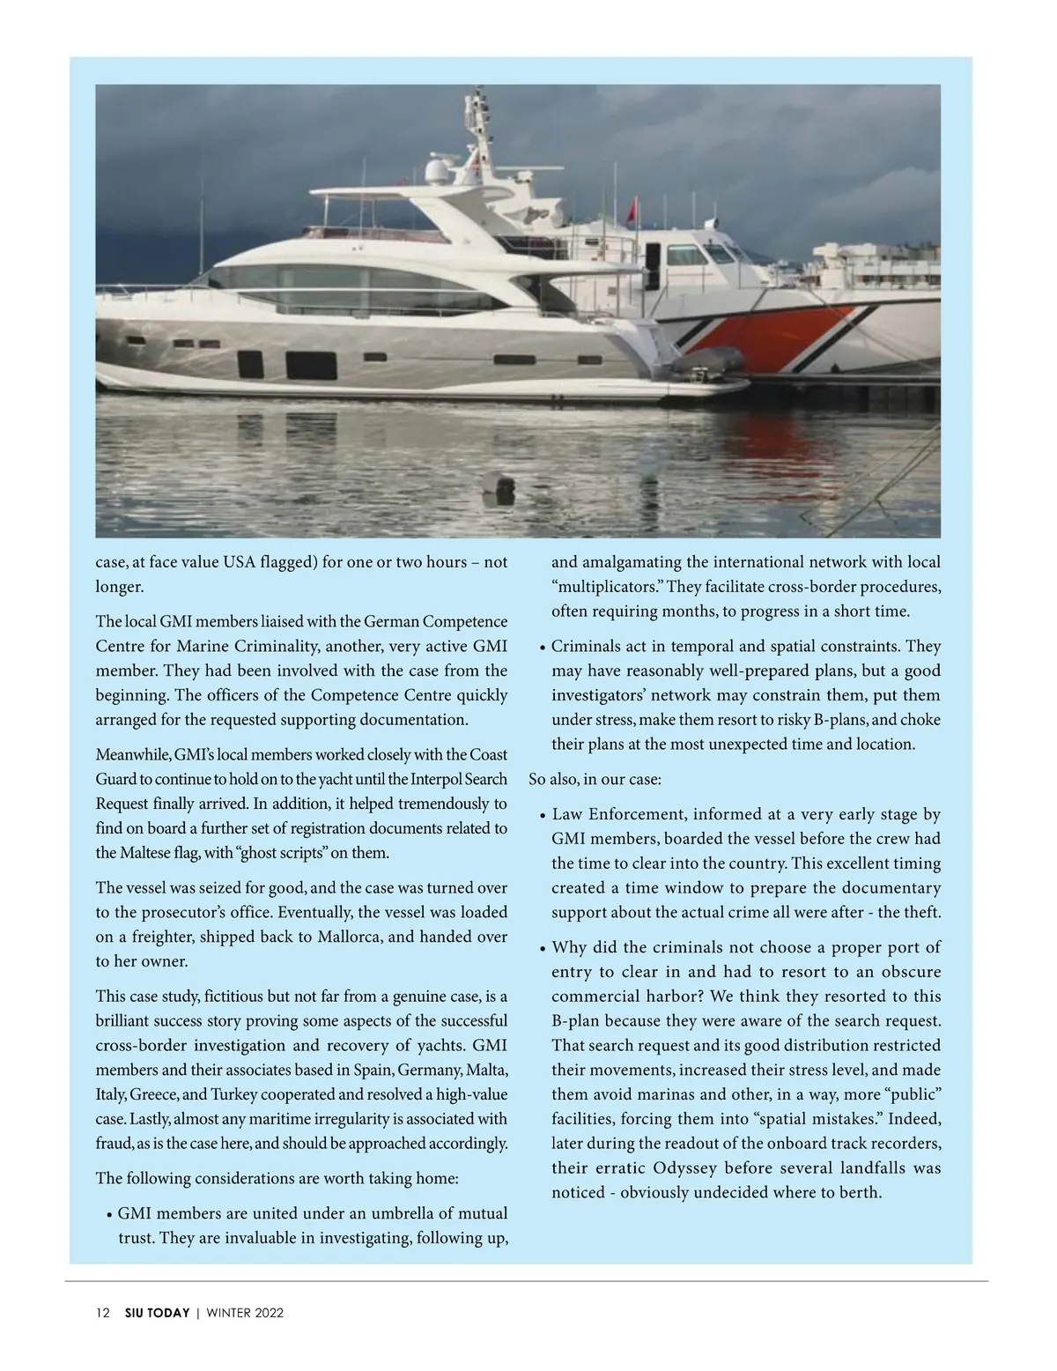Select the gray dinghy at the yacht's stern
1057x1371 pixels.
(705, 362)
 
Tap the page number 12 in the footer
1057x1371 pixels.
(103, 1313)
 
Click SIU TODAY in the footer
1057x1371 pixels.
(157, 1313)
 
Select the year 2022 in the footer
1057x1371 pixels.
(269, 1313)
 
